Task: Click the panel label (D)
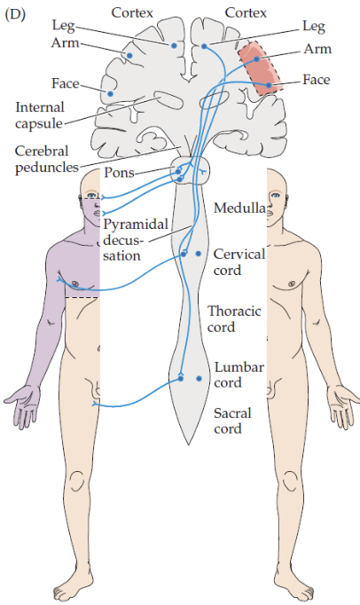pyautogui.click(x=15, y=15)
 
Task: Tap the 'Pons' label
pyautogui.click(x=119, y=172)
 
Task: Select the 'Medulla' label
pyautogui.click(x=239, y=208)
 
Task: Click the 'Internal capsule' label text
pyautogui.click(x=40, y=115)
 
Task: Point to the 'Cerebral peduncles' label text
pyautogui.click(x=47, y=159)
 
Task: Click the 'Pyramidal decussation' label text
pyautogui.click(x=136, y=240)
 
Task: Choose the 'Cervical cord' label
pyautogui.click(x=239, y=262)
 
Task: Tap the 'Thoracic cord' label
pyautogui.click(x=234, y=318)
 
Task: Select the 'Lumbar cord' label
pyautogui.click(x=239, y=374)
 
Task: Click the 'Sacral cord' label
pyautogui.click(x=232, y=420)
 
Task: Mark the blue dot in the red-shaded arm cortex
pyautogui.click(x=256, y=59)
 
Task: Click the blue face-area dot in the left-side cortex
pyautogui.click(x=110, y=93)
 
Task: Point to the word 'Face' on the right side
pyautogui.click(x=317, y=80)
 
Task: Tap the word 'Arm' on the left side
pyautogui.click(x=65, y=43)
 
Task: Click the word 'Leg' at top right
pyautogui.click(x=314, y=27)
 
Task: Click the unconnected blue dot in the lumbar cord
pyautogui.click(x=200, y=379)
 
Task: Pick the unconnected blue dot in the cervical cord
pyautogui.click(x=199, y=254)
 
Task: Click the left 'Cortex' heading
pyautogui.click(x=132, y=12)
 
